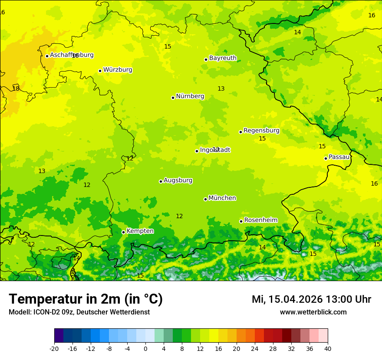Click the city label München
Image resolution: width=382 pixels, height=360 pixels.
pyautogui.click(x=222, y=198)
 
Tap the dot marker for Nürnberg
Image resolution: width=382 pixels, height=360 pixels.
pyautogui.click(x=173, y=98)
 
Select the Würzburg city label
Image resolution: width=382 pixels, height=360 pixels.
pyautogui.click(x=118, y=70)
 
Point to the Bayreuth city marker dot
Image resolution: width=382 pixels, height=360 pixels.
pyautogui.click(x=206, y=59)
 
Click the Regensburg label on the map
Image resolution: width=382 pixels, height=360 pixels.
pyautogui.click(x=261, y=131)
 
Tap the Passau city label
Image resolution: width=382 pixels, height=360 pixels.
pyautogui.click(x=339, y=157)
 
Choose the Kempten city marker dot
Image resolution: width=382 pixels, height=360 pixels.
pyautogui.click(x=123, y=232)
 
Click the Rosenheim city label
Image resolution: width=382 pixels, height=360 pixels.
pyautogui.click(x=260, y=220)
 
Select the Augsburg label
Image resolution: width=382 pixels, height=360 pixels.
pyautogui.click(x=178, y=180)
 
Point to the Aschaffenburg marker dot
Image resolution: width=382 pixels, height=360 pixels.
pyautogui.click(x=47, y=56)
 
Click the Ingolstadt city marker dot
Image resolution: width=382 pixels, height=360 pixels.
pyautogui.click(x=197, y=151)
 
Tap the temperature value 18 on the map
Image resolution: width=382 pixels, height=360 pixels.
pyautogui.click(x=16, y=88)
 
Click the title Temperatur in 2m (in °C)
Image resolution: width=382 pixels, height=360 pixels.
pyautogui.click(x=86, y=299)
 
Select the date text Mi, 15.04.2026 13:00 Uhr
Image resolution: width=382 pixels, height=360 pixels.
pyautogui.click(x=311, y=299)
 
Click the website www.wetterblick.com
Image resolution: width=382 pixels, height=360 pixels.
pyautogui.click(x=313, y=312)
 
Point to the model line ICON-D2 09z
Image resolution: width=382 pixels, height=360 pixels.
pyautogui.click(x=79, y=312)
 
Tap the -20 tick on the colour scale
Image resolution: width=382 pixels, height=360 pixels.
pyautogui.click(x=54, y=349)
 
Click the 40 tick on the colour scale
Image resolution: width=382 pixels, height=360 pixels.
pyautogui.click(x=328, y=349)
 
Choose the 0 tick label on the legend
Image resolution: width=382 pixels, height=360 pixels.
pyautogui.click(x=145, y=349)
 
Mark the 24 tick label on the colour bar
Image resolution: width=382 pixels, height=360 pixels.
pyautogui.click(x=255, y=349)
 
